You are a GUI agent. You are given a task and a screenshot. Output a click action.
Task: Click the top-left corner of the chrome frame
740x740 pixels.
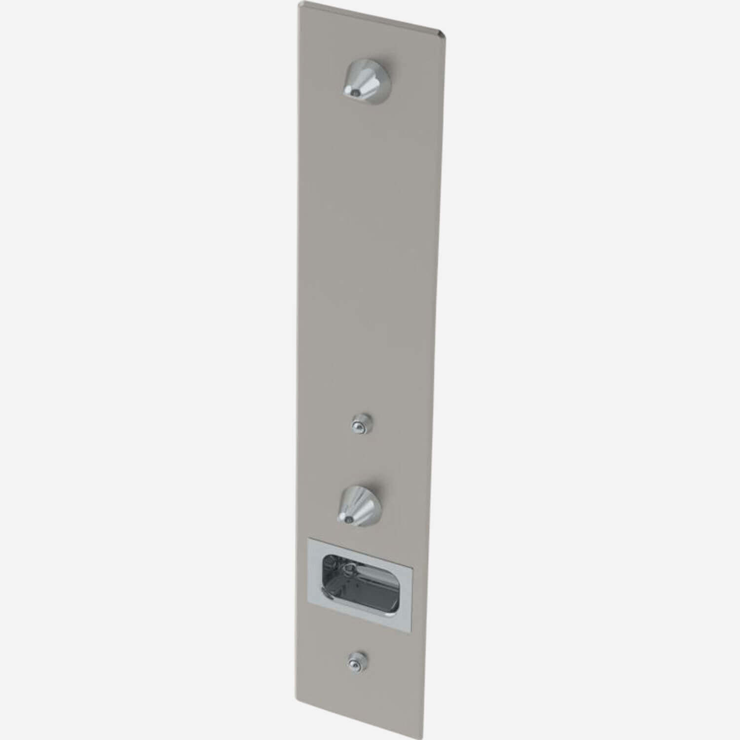point(308,539)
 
